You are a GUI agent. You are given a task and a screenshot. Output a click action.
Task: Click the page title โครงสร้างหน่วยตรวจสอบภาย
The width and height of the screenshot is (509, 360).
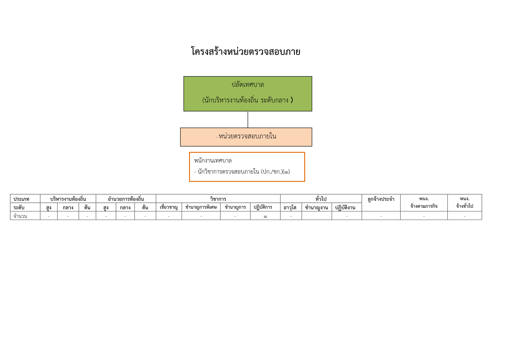click(x=245, y=52)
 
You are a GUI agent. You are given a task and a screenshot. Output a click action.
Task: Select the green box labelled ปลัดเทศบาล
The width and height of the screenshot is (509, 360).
click(x=248, y=94)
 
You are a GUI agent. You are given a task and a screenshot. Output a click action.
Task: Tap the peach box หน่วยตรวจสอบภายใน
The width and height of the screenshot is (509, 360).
click(x=246, y=137)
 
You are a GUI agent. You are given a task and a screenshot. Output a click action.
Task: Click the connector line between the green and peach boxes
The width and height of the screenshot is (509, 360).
click(x=248, y=119)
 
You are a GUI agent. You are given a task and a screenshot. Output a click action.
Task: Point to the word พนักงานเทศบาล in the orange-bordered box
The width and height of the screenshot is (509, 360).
click(x=213, y=161)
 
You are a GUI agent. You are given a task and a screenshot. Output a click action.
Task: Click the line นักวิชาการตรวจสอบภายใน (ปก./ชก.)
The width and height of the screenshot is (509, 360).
click(x=242, y=172)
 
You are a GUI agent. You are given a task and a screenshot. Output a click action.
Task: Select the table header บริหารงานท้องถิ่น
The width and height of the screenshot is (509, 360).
click(x=68, y=199)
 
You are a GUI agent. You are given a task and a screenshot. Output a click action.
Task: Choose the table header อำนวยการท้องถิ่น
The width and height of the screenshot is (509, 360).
click(x=126, y=199)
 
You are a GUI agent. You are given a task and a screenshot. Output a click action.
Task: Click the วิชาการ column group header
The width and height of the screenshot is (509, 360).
click(x=218, y=199)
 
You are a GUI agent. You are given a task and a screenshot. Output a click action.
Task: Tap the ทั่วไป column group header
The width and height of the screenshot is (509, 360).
click(x=321, y=199)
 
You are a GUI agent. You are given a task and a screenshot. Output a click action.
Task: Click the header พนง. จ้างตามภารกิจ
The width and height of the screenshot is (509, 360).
click(x=424, y=202)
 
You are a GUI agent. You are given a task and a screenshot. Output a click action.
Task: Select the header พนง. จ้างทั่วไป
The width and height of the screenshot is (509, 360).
click(x=465, y=202)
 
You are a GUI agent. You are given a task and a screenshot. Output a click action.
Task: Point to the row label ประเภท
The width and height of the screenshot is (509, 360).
click(x=21, y=199)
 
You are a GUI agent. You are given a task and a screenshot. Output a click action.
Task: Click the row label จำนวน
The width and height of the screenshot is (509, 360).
click(x=20, y=216)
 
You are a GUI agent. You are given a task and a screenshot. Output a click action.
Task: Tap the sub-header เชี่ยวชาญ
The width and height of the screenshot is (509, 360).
click(x=168, y=207)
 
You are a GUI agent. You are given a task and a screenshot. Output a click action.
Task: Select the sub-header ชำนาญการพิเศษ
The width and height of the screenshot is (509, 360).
click(x=201, y=207)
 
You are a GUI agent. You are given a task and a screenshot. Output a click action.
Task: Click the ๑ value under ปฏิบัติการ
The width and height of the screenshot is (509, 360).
click(x=265, y=217)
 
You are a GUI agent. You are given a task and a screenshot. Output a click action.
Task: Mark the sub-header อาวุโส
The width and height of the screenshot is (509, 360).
click(x=290, y=208)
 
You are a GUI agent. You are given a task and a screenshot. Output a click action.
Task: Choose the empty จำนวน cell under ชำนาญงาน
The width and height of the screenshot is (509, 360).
click(x=317, y=216)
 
